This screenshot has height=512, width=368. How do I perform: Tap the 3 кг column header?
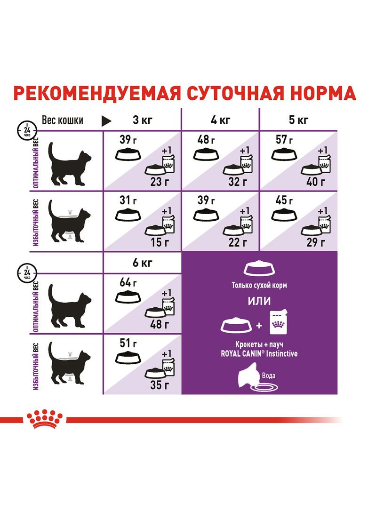coord(142,120)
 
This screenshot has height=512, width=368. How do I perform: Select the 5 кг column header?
coord(298,120)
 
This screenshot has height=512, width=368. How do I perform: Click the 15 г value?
coord(158,242)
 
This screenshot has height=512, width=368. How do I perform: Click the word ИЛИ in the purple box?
coord(259,301)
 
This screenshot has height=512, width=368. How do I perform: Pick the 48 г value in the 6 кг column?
coord(158,324)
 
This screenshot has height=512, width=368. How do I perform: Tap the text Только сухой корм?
coord(259,286)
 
